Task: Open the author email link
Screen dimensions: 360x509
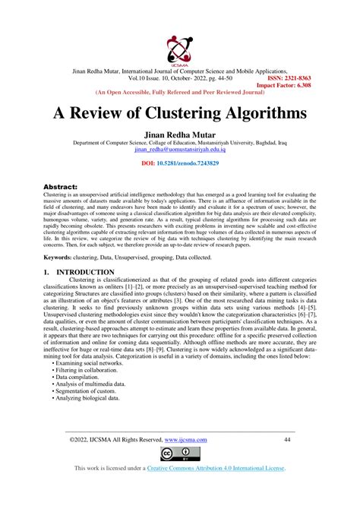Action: [180, 150]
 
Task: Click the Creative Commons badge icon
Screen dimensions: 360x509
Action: [179, 456]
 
